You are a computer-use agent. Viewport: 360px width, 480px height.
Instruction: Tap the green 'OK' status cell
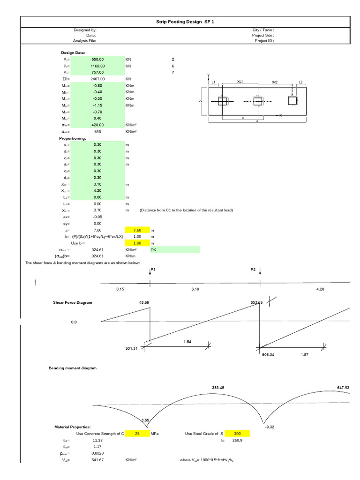(174, 250)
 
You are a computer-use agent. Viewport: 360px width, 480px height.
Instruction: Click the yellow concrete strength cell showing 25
(137, 434)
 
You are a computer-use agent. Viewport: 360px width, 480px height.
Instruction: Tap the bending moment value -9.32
(269, 427)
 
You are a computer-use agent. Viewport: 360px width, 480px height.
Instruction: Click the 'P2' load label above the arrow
(254, 270)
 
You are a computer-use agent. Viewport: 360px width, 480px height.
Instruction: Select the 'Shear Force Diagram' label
(73, 303)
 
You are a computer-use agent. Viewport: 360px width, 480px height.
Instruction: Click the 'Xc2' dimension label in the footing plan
(275, 82)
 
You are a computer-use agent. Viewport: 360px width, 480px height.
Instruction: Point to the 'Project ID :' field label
(263, 41)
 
